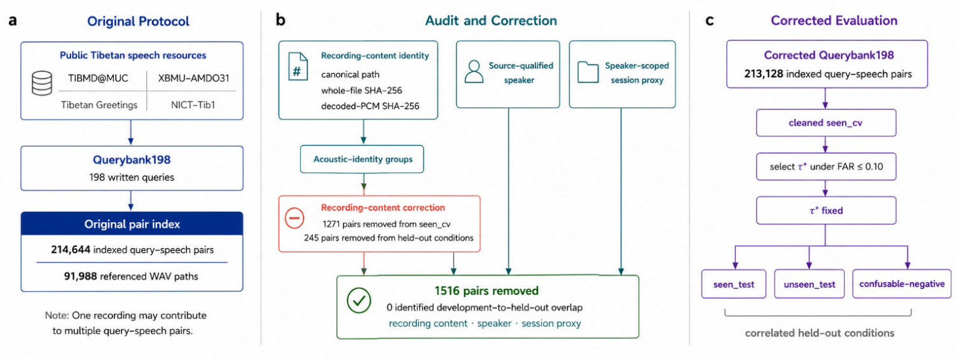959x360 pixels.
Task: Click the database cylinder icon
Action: pos(42,83)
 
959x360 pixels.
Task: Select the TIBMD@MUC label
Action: pos(98,78)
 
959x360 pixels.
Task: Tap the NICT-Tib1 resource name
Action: pos(193,105)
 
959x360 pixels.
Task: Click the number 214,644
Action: pos(71,249)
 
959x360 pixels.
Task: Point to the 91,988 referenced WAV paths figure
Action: pos(131,277)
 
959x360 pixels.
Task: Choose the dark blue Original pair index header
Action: pos(132,223)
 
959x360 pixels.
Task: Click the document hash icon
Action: pos(298,66)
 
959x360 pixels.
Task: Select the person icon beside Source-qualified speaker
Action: pos(474,71)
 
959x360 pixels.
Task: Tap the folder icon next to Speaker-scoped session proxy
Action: pos(588,72)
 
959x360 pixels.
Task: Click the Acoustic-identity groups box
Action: pos(362,159)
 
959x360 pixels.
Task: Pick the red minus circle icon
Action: pos(294,218)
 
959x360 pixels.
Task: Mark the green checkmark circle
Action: pos(359,300)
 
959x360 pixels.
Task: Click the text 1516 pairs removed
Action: pos(486,291)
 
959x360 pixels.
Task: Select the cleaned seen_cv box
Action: pos(826,123)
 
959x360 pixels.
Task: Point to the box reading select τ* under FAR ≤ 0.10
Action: pos(826,167)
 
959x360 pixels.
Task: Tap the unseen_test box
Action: pos(809,284)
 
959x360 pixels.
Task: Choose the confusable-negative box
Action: pos(902,284)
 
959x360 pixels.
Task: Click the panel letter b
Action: pos(280,20)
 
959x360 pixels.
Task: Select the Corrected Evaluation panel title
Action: pos(834,20)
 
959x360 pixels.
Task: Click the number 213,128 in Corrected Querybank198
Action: pos(763,74)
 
